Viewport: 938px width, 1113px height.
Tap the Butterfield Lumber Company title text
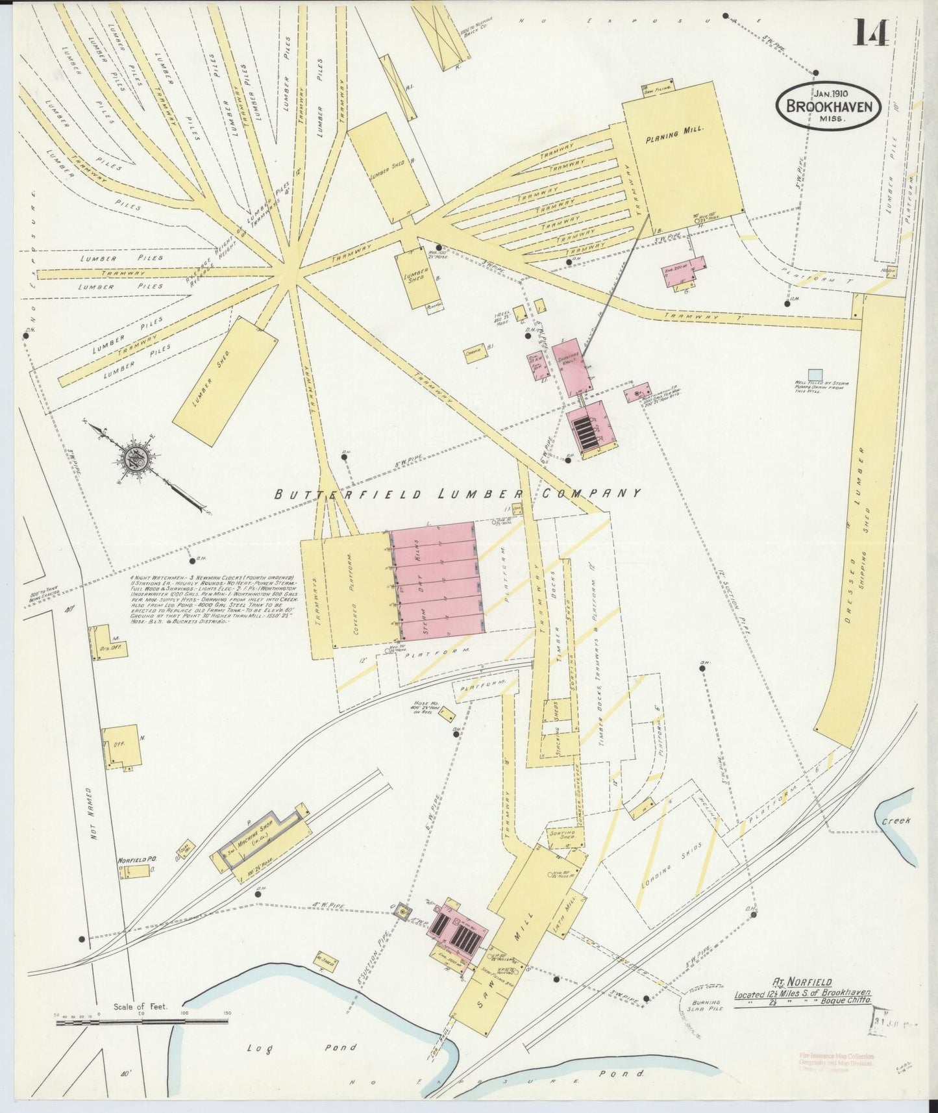click(458, 494)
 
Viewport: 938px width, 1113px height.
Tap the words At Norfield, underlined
click(802, 982)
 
